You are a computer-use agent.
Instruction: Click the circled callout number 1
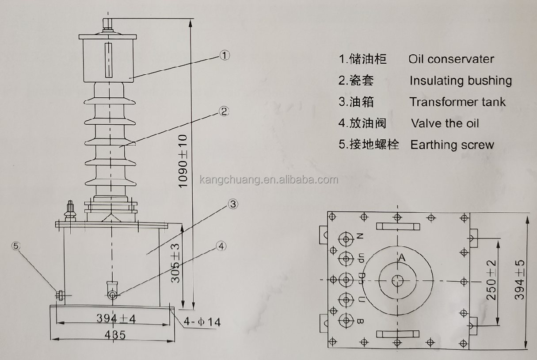point(225,55)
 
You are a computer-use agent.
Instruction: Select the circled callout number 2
point(224,111)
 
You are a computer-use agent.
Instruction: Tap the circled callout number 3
point(233,204)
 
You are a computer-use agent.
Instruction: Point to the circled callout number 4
point(221,246)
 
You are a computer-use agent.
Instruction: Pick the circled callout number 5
point(16,246)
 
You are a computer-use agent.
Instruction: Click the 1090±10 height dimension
point(183,161)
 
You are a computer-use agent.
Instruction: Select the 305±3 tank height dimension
point(175,263)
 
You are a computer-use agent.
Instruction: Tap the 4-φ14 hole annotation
point(202,322)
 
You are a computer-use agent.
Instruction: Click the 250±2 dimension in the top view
point(491,280)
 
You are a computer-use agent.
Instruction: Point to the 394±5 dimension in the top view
point(519,280)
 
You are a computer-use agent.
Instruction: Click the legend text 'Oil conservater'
point(451,59)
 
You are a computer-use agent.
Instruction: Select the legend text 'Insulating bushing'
point(461,80)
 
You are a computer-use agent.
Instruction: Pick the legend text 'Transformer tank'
point(457,102)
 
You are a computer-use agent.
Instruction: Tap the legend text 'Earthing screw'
point(452,145)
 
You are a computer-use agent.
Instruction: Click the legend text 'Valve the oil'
point(445,123)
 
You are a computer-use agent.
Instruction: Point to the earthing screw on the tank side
point(60,295)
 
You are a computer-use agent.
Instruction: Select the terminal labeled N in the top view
point(346,239)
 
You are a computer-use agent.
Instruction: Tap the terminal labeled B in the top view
point(346,321)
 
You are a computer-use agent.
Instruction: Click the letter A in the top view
point(402,257)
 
